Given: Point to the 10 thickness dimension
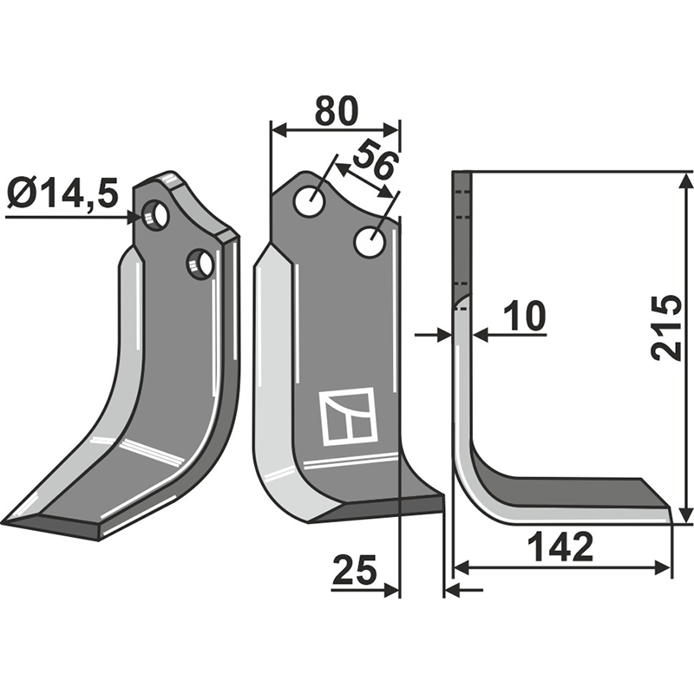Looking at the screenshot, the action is pyautogui.click(x=526, y=316).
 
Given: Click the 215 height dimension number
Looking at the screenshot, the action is pyautogui.click(x=666, y=327).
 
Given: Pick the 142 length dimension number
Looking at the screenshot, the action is pyautogui.click(x=560, y=547).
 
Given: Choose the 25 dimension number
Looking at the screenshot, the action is pyautogui.click(x=355, y=569).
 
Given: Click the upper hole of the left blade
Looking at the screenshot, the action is pyautogui.click(x=155, y=216).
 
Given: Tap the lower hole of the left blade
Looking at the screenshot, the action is pyautogui.click(x=200, y=263).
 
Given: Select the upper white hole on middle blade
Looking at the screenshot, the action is pyautogui.click(x=310, y=201).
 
